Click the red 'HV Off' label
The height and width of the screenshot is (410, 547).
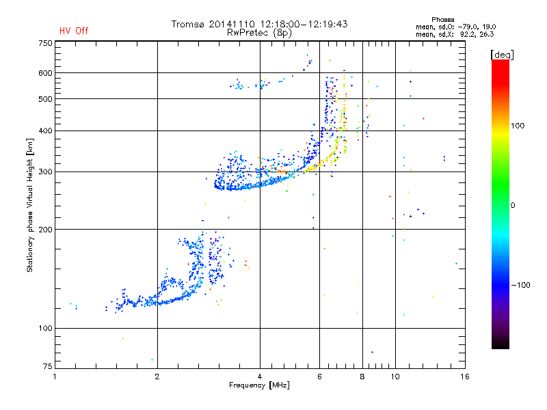[x=73, y=31]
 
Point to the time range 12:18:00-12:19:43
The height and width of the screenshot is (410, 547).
[x=300, y=24]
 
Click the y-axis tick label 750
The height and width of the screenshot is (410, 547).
[x=45, y=43]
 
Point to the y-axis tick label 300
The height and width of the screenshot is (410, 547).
[x=45, y=172]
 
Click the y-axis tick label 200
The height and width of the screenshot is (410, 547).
[x=45, y=230]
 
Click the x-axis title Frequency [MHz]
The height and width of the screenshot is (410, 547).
[x=260, y=386]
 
